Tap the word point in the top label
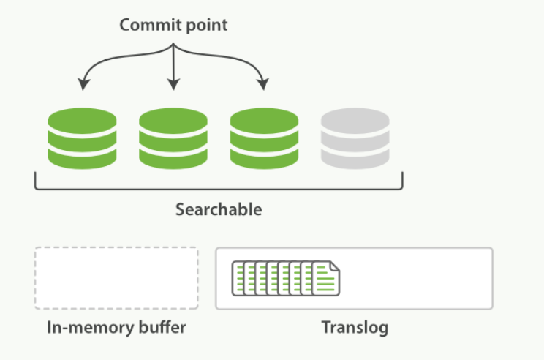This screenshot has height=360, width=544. point(204,26)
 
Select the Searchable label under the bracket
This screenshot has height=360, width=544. point(219,210)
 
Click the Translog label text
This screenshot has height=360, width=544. point(354,328)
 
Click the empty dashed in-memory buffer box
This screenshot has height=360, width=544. point(116,278)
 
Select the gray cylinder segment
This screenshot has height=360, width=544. point(355,139)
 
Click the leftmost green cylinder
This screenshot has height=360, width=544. point(82,139)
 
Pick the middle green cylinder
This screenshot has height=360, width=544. point(173,139)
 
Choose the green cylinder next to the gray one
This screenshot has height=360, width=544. point(264,139)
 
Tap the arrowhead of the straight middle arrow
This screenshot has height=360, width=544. point(173,86)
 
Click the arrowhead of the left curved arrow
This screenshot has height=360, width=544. point(83,86)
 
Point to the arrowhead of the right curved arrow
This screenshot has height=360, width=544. point(263,86)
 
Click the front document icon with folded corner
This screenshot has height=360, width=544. point(326,279)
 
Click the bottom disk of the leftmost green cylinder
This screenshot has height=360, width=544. point(82,158)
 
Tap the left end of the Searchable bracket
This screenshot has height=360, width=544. point(36,179)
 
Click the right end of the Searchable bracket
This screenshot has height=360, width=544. point(402,179)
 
